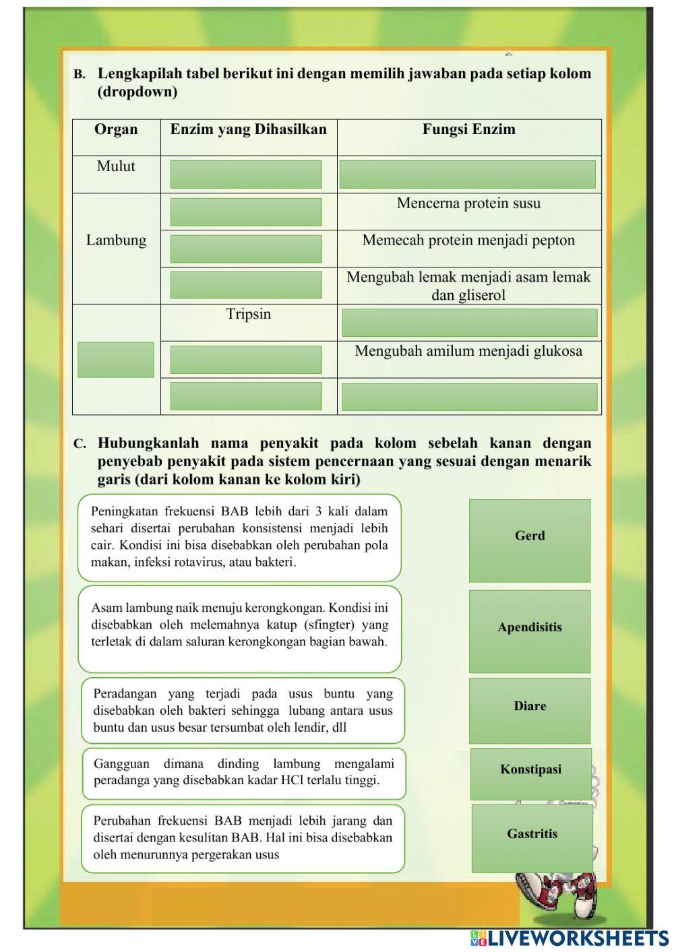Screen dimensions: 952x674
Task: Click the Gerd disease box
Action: (530, 540)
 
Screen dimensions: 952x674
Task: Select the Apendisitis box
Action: (530, 631)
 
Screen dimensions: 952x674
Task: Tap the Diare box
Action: (530, 710)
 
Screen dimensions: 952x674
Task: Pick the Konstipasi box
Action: (530, 773)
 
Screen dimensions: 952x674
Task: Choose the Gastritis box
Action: (532, 837)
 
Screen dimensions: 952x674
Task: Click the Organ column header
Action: (116, 130)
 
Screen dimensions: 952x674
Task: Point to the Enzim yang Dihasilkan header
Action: (248, 130)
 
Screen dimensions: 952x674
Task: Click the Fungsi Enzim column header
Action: (468, 130)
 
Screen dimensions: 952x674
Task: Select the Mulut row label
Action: (116, 166)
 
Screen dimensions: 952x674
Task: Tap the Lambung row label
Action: (116, 241)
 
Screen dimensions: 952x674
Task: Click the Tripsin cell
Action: (248, 315)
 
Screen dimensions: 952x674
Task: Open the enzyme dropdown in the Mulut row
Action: (246, 174)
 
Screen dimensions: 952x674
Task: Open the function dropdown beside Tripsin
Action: (469, 323)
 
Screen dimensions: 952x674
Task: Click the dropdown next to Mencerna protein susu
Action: (246, 212)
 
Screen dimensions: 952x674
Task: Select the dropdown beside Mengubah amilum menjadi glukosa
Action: (246, 360)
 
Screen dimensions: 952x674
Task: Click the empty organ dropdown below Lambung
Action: (116, 360)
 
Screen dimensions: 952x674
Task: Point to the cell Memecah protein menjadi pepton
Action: (468, 241)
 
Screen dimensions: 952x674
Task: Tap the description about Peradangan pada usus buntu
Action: (243, 711)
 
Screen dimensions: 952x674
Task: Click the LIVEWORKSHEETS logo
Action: (570, 939)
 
